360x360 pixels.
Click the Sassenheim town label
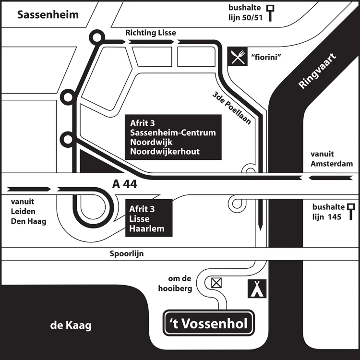[x=48, y=15]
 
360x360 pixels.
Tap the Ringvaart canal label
[x=317, y=72]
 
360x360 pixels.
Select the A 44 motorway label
[x=124, y=184]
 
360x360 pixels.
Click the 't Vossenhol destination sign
[x=209, y=324]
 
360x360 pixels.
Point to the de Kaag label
[x=71, y=326]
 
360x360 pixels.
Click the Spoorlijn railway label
[x=127, y=253]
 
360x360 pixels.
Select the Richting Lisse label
[x=151, y=33]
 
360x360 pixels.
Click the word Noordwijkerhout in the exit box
[x=165, y=152]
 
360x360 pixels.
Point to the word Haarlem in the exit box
[x=146, y=228]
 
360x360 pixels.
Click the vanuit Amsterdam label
[x=332, y=159]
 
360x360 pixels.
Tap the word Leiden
[x=22, y=212]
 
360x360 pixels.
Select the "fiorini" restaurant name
[x=265, y=58]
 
